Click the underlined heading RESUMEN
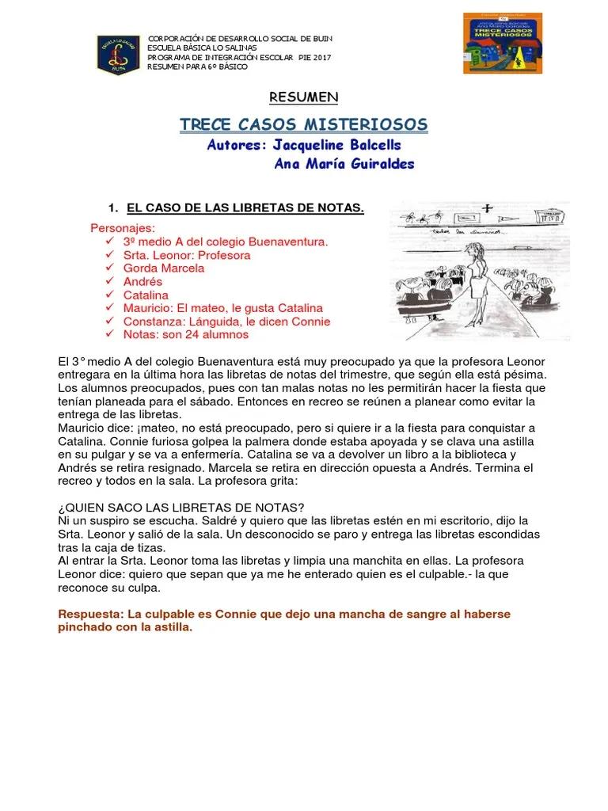(x=304, y=97)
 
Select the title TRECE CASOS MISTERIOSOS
(x=304, y=124)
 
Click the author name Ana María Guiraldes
(x=344, y=165)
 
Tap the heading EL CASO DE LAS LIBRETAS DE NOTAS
(x=245, y=208)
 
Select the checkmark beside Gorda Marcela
(x=108, y=268)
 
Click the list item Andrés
(x=142, y=281)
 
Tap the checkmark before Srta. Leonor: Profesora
(x=108, y=255)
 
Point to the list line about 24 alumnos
(x=185, y=334)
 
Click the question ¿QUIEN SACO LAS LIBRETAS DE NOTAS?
(x=182, y=507)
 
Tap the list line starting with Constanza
(x=226, y=322)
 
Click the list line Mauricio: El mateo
(x=222, y=308)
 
